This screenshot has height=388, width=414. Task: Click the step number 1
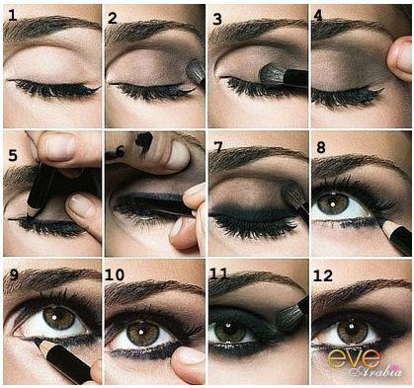[12, 15]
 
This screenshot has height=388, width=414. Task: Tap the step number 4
[318, 15]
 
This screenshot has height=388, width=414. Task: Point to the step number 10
[115, 274]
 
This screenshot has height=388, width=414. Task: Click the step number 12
[323, 275]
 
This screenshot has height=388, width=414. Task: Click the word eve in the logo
[355, 358]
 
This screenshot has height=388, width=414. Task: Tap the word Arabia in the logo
[377, 370]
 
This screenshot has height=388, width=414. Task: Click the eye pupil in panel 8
[333, 204]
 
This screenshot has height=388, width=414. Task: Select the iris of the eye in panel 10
[143, 333]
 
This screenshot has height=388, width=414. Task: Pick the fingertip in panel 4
[399, 56]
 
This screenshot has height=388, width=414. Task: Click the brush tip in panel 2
[195, 72]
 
